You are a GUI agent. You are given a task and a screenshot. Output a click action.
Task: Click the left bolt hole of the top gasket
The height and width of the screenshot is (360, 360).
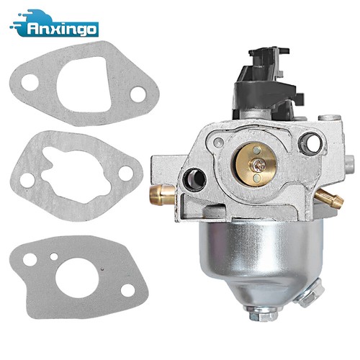pyautogui.click(x=30, y=83)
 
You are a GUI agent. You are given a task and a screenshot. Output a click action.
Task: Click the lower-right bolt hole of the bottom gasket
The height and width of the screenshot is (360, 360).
pyautogui.click(x=127, y=289)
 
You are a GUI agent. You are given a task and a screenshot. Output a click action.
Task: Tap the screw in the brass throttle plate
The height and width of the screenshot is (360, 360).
pyautogui.click(x=257, y=164)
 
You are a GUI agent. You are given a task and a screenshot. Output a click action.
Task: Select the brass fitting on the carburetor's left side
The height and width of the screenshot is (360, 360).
pyautogui.click(x=163, y=192)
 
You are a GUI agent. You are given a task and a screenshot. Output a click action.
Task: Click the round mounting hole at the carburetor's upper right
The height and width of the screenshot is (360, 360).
pyautogui.click(x=310, y=143)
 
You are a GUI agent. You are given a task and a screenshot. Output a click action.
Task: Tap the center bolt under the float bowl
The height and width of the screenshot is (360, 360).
pyautogui.click(x=259, y=314)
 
